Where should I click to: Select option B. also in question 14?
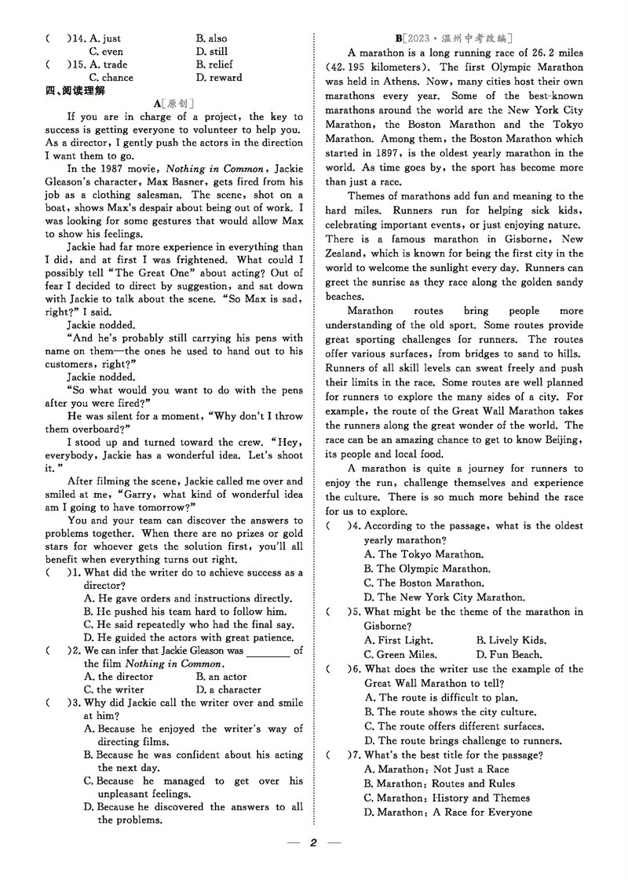pyautogui.click(x=211, y=38)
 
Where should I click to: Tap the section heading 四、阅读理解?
pyautogui.click(x=75, y=91)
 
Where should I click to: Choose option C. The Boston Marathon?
pyautogui.click(x=424, y=583)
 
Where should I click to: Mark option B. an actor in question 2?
pyautogui.click(x=221, y=676)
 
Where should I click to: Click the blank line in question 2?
pyautogui.click(x=268, y=651)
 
